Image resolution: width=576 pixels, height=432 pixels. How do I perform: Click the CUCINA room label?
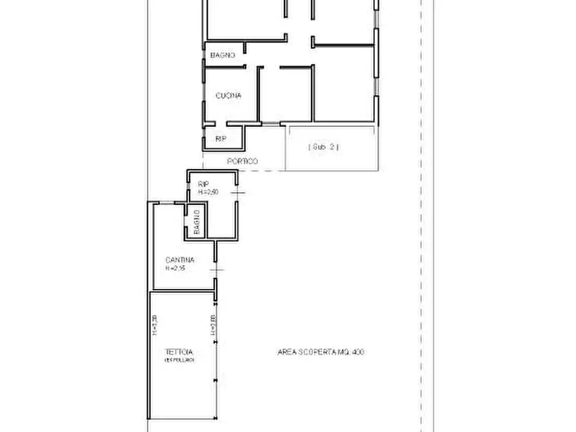point(228,96)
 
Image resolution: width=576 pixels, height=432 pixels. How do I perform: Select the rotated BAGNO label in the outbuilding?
point(197,222)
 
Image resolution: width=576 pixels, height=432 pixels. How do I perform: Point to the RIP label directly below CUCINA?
point(221,139)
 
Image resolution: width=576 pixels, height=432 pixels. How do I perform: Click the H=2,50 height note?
point(208,192)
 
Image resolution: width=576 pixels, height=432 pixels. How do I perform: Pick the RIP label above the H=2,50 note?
point(203,184)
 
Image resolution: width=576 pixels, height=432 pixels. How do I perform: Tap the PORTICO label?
point(243,161)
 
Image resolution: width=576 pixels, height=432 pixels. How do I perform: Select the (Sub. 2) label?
point(324,147)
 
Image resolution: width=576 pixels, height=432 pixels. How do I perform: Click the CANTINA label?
point(180,260)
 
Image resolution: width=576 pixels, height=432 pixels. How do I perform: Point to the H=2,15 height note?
point(175,268)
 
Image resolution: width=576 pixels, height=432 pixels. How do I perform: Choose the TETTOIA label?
point(179,352)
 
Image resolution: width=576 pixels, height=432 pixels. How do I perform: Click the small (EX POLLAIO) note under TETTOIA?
point(179,360)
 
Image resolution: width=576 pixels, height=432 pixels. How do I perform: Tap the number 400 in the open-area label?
point(359,352)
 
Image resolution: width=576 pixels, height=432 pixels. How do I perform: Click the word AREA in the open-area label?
point(287,352)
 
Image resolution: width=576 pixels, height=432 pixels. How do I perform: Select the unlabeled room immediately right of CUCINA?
point(285,93)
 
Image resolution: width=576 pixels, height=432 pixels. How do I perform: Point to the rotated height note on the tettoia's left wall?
point(155,326)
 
